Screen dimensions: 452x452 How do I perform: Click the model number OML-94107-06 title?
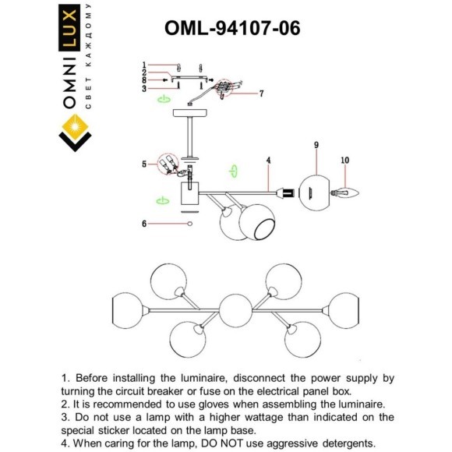click(x=231, y=27)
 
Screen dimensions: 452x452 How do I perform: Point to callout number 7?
click(x=261, y=94)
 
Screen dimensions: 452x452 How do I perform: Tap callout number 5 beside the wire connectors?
click(x=144, y=164)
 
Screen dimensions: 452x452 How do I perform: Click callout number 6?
click(x=144, y=224)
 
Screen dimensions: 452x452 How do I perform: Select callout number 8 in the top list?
click(x=144, y=80)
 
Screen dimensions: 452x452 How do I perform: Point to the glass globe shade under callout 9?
click(x=316, y=192)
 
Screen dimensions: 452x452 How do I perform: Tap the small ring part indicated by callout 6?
click(x=189, y=224)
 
